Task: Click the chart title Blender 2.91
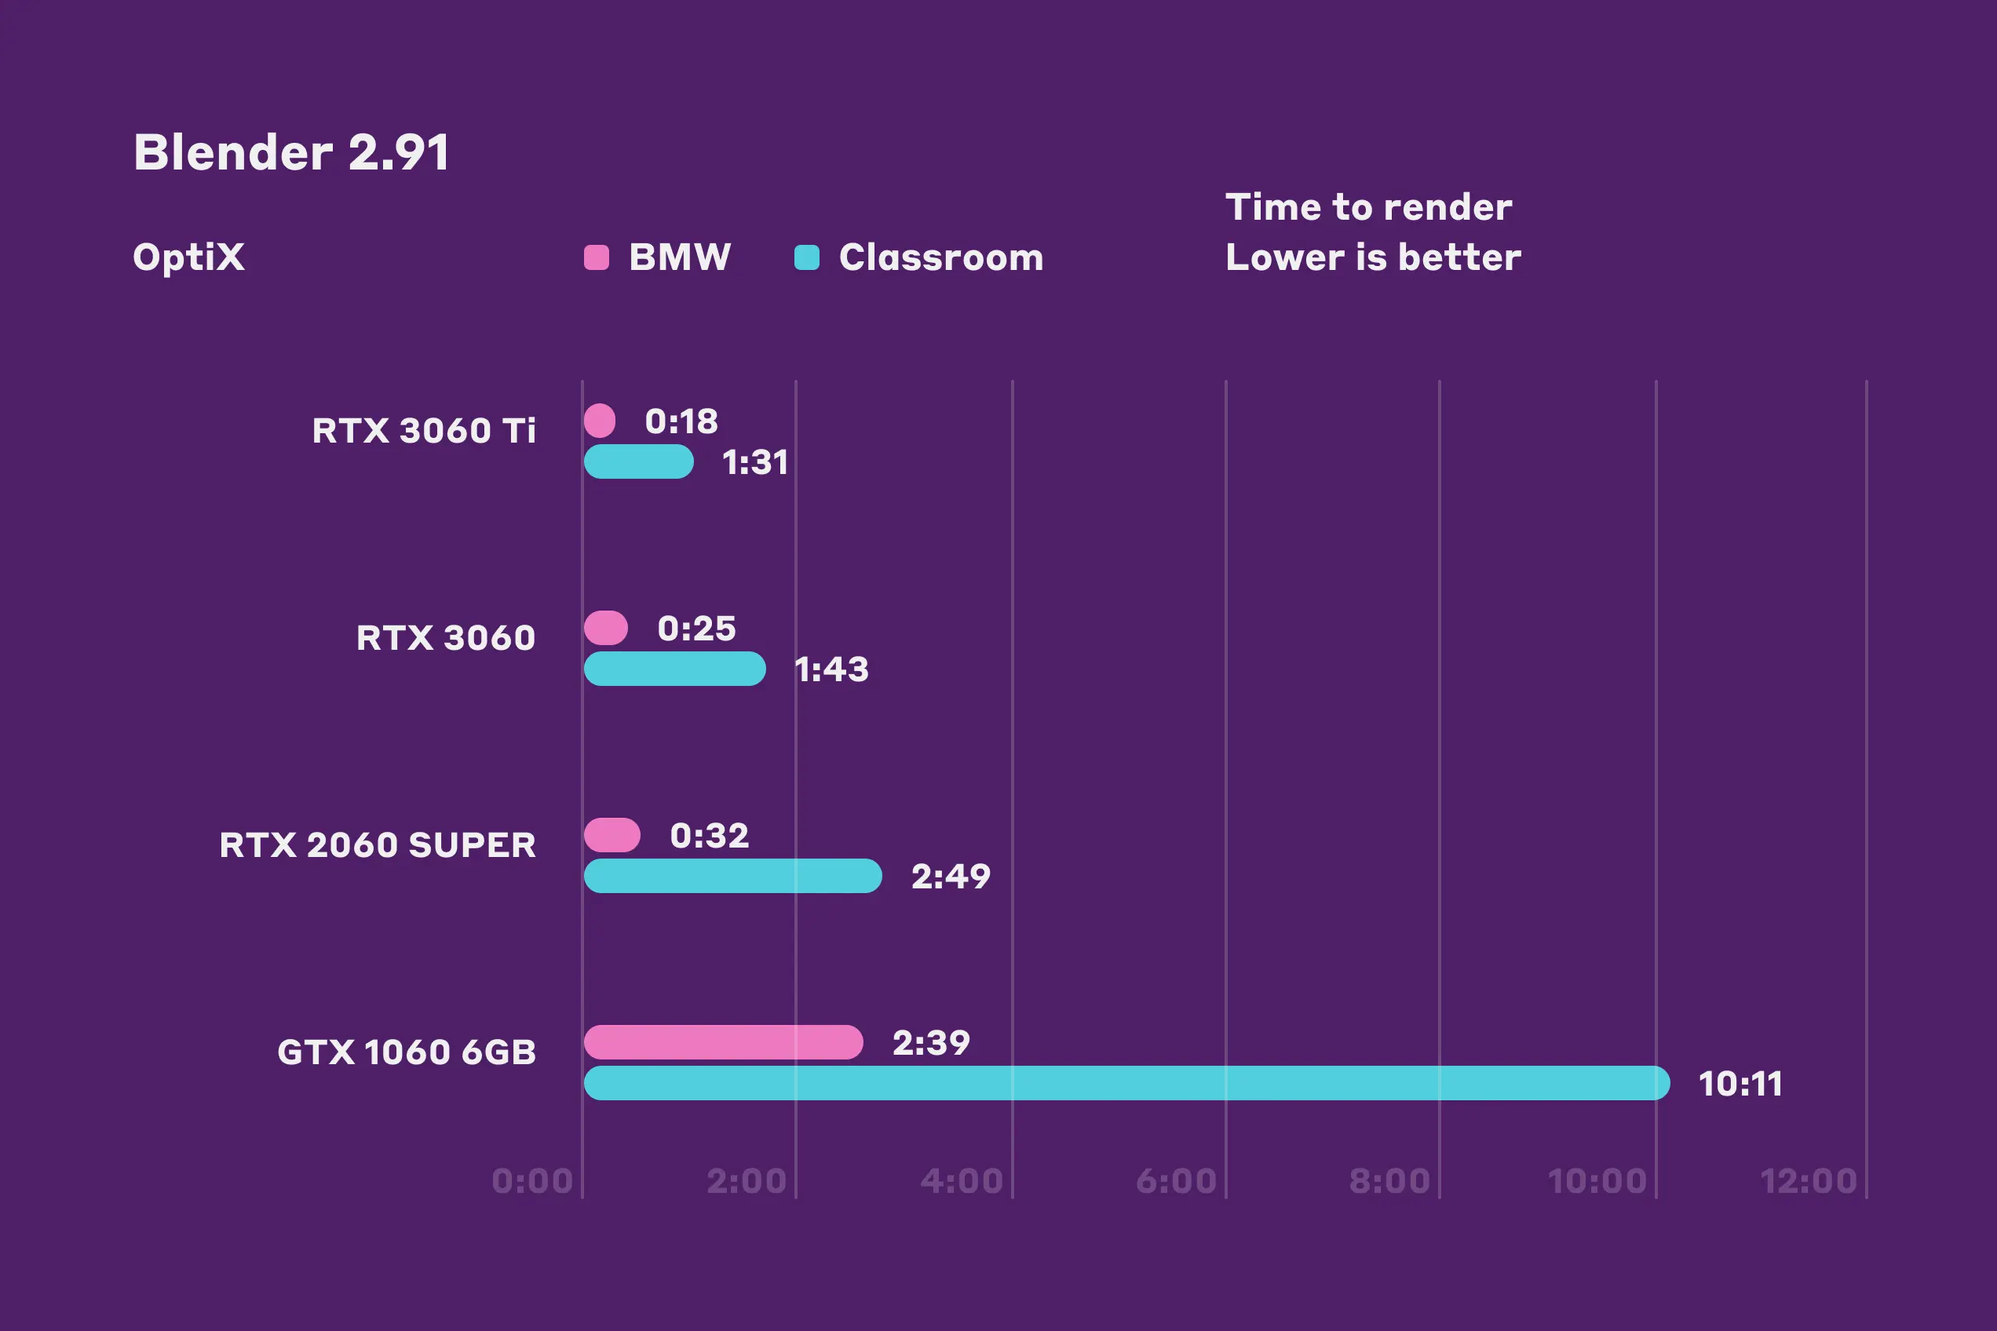291,153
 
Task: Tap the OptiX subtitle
188,257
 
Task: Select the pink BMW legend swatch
596,257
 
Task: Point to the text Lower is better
1373,257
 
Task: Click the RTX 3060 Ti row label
424,430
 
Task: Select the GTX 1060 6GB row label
407,1052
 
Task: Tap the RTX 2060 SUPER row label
378,844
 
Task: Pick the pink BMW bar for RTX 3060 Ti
600,421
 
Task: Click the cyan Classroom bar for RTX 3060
675,669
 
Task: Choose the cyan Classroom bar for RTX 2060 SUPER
732,876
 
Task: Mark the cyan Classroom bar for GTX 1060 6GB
1126,1083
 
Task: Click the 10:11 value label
1740,1084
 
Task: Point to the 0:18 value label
681,421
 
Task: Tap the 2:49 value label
951,877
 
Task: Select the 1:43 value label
831,669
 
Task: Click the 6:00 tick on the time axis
1176,1181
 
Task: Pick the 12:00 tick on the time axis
1809,1181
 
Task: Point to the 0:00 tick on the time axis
532,1181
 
